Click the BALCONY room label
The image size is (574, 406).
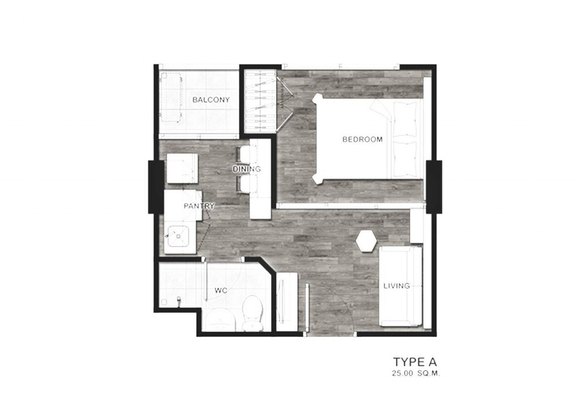click(211, 100)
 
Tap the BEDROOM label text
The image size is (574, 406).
click(363, 139)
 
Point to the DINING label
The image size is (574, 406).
click(247, 169)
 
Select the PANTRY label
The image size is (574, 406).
click(199, 206)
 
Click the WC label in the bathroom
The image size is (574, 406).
click(221, 290)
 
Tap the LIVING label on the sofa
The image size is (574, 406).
click(396, 286)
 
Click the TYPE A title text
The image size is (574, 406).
click(415, 362)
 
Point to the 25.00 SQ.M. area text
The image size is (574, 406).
click(415, 374)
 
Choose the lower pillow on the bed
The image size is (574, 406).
click(405, 159)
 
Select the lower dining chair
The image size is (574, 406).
click(244, 184)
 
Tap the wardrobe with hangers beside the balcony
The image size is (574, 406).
click(260, 101)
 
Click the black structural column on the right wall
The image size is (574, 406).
click(434, 187)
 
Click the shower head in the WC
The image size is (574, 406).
click(179, 301)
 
